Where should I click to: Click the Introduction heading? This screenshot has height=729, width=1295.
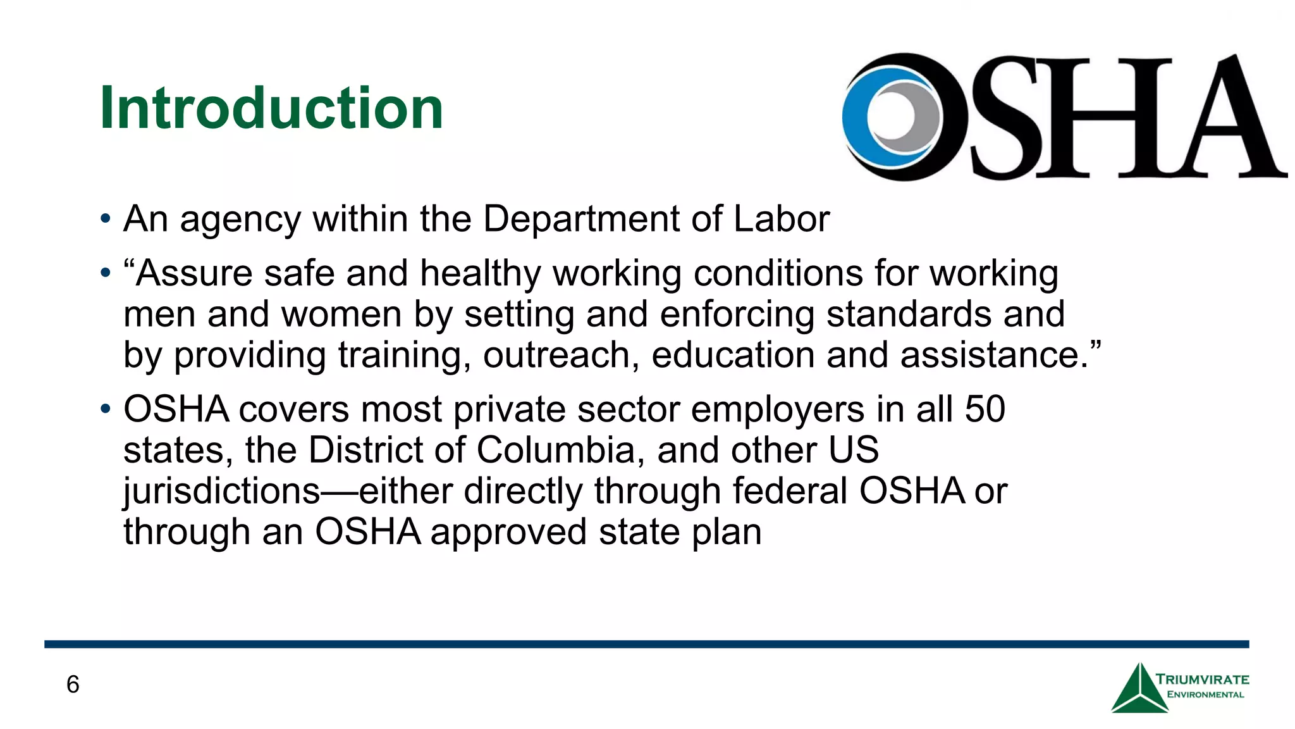point(271,108)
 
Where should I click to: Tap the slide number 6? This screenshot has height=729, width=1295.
point(73,685)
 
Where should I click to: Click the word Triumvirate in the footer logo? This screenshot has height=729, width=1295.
point(1203,680)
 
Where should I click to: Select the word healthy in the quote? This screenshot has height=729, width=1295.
point(481,274)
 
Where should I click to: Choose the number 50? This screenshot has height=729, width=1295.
point(985,409)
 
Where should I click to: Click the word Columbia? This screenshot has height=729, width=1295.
point(560,450)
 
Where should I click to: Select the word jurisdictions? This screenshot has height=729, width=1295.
point(222,492)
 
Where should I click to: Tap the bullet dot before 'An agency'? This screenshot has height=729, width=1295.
point(106,220)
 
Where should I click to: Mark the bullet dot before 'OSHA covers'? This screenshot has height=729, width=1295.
point(106,410)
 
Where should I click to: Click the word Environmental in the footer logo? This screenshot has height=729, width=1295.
point(1205,695)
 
